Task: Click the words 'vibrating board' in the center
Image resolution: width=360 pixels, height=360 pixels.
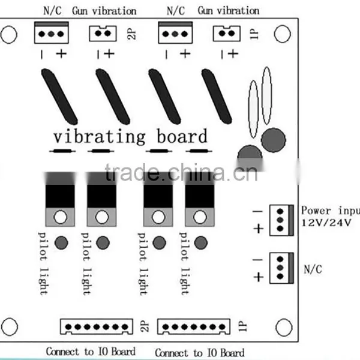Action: click(x=130, y=136)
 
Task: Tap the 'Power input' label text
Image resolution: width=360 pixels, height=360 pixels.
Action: click(x=331, y=211)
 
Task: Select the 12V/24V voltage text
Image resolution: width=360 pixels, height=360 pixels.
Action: click(x=326, y=223)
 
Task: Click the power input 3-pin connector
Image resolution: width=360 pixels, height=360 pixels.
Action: click(x=282, y=220)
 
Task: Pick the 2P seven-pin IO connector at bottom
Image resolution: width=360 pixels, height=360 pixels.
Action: click(x=97, y=326)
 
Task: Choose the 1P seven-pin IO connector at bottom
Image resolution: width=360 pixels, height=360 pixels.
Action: click(x=194, y=326)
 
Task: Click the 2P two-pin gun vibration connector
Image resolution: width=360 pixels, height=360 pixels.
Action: click(x=103, y=34)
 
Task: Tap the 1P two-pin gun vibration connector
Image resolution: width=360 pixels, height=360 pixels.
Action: click(x=227, y=34)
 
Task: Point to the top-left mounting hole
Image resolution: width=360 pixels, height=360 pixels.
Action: click(x=9, y=35)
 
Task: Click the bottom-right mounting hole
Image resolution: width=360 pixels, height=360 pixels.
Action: click(x=284, y=327)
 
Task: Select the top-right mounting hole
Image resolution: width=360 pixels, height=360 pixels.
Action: click(x=283, y=34)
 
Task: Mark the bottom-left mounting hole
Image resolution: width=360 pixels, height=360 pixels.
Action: click(x=10, y=327)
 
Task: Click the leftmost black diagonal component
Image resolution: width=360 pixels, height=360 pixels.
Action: click(x=59, y=97)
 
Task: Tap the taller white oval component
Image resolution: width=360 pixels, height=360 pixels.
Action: click(x=266, y=95)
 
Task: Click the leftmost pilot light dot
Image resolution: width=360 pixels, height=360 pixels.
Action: click(x=61, y=242)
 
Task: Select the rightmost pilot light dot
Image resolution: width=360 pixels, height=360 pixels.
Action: click(x=201, y=242)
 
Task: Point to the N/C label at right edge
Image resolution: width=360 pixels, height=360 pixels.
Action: click(x=313, y=269)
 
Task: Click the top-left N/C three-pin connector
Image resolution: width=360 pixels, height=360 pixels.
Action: click(x=52, y=32)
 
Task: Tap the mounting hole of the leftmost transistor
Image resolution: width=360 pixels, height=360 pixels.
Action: click(x=61, y=217)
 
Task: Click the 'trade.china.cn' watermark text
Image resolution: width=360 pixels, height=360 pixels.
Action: click(x=181, y=173)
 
